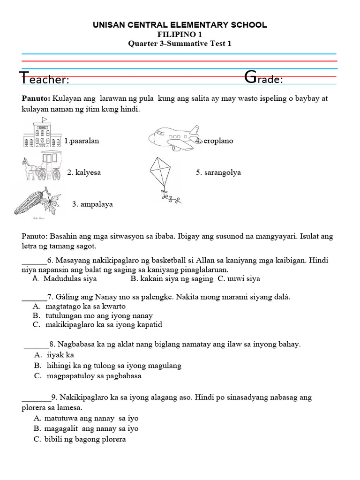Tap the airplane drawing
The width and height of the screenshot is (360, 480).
(174, 138)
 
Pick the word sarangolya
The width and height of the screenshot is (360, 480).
(222, 172)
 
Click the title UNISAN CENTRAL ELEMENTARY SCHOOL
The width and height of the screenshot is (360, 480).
(180, 25)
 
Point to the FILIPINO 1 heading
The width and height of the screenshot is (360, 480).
(180, 34)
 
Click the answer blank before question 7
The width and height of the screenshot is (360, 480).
(34, 297)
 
